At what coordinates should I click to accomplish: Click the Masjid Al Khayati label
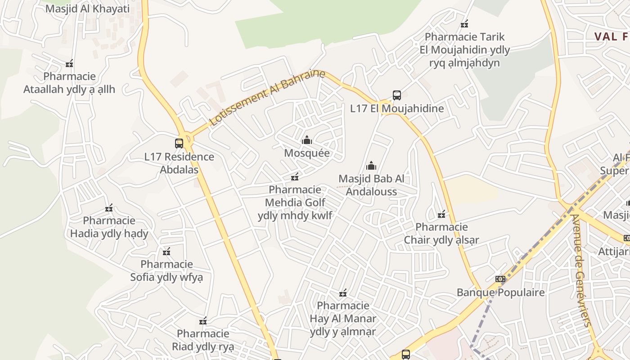click(87, 9)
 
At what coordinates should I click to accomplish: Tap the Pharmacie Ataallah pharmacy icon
click(69, 64)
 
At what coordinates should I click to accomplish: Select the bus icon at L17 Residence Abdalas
click(179, 144)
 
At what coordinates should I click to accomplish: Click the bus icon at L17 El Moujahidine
click(396, 95)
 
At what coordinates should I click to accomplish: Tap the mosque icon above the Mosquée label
click(307, 140)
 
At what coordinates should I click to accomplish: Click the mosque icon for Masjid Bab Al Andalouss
click(371, 166)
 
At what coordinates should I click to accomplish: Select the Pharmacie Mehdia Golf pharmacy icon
click(295, 176)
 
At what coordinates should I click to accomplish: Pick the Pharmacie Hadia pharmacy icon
click(109, 207)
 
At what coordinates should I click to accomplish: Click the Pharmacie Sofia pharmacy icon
click(166, 251)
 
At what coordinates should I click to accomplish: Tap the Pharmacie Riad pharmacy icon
click(203, 321)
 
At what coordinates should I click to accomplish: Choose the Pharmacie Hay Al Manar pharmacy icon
click(343, 293)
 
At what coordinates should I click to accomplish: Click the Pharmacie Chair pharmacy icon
click(441, 214)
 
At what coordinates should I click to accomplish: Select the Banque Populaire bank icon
click(500, 279)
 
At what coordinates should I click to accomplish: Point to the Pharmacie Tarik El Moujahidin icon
click(464, 24)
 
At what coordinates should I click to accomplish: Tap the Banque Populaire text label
click(500, 292)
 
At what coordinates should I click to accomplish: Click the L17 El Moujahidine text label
click(397, 108)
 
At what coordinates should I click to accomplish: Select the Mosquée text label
click(307, 153)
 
